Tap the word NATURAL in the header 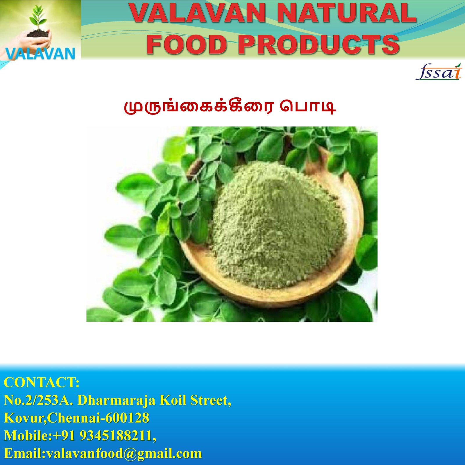tap(347, 13)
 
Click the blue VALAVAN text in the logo tap(40, 53)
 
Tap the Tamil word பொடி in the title tap(308, 107)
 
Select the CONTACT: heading tap(42, 382)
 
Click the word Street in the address tap(211, 400)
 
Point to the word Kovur tap(25, 418)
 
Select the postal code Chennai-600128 tap(98, 418)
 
